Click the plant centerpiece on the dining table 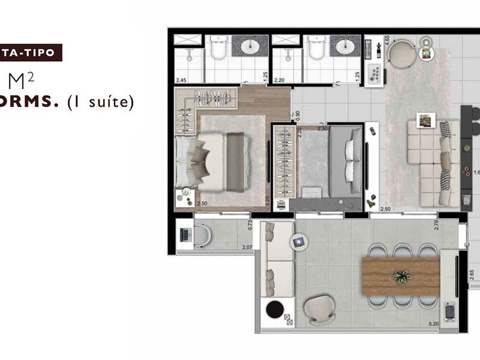point(401,276)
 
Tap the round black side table point(275,310)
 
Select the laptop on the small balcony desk point(185,235)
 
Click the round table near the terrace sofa point(299,242)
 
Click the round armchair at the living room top point(400,53)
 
